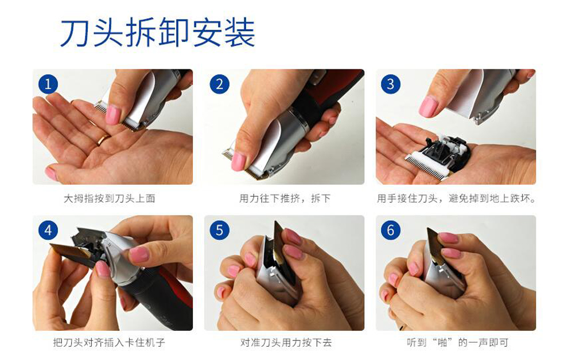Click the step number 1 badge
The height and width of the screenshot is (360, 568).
point(48,84)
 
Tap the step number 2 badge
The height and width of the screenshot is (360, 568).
point(219,84)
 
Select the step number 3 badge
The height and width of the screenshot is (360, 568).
point(391,84)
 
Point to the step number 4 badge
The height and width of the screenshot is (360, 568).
point(48,230)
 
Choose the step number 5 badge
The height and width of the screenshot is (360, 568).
point(219,230)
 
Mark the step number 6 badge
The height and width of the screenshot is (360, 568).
point(391,230)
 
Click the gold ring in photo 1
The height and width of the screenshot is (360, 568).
point(103,140)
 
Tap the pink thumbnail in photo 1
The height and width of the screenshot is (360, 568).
point(113,115)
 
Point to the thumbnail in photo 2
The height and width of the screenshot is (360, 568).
point(239,161)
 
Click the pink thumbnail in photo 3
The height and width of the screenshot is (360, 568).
point(429,107)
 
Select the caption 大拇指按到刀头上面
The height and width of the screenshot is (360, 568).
point(110,198)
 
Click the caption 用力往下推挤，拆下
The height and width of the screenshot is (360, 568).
point(285,198)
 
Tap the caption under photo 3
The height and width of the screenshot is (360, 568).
point(456,198)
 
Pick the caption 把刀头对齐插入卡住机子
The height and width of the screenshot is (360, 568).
point(109,342)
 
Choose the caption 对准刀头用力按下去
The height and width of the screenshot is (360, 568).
point(286,342)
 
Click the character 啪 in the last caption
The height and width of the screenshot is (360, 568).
point(443,342)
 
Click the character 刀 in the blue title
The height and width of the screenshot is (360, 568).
point(75,33)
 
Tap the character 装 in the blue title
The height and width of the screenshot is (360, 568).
point(239,33)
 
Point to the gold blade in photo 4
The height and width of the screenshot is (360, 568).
point(70,251)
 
